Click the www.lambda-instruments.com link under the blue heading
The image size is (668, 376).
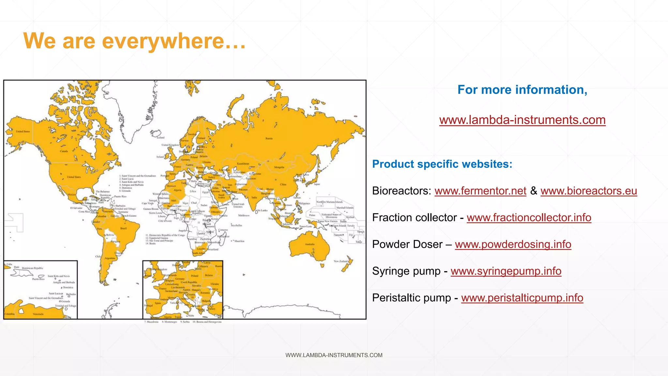point(522,120)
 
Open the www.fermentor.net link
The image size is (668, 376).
point(480,191)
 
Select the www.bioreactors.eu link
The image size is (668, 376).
point(589,191)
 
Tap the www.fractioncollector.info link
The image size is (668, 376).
point(529,218)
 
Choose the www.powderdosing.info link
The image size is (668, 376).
point(513,244)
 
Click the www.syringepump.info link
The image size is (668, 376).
point(506,271)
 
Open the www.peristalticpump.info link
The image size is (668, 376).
point(522,298)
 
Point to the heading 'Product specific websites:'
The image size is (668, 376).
point(442,164)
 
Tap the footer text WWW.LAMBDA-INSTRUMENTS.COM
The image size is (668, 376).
point(334,355)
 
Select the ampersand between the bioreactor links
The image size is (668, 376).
point(534,191)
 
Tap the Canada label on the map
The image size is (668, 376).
point(64,151)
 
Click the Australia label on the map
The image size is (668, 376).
point(310,244)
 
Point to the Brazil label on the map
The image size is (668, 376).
point(123,228)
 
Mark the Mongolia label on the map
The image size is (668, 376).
point(279,167)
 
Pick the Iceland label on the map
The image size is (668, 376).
point(160,138)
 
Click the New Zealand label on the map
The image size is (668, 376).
point(341,261)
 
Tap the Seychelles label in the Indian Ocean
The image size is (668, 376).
point(236,226)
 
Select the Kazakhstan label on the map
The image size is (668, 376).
point(243,164)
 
